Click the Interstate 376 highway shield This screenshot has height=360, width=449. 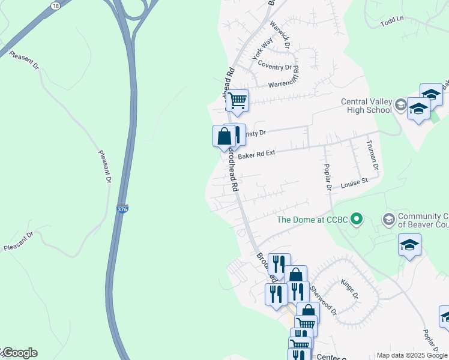point(122,209)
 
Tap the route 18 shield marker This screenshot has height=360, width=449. point(56,5)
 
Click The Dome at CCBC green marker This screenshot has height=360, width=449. point(357,219)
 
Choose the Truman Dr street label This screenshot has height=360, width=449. point(374,155)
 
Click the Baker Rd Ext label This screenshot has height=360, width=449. point(256,154)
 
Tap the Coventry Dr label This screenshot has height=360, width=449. point(275,67)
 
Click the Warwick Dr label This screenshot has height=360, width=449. point(280,35)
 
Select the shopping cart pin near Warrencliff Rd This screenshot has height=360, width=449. point(237,100)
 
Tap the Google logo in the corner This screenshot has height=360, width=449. point(19,353)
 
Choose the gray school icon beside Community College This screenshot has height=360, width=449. point(388,219)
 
